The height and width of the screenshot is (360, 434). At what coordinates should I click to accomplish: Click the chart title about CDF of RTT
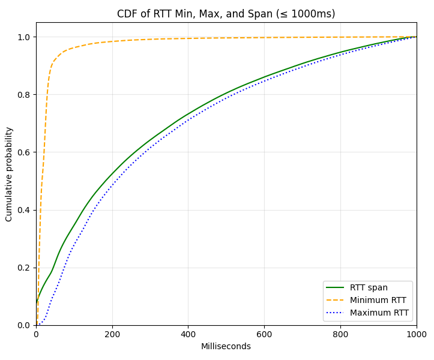point(226,14)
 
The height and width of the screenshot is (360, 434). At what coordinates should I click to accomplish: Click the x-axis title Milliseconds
point(226,346)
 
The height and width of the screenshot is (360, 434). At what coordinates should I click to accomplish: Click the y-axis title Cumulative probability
point(9,174)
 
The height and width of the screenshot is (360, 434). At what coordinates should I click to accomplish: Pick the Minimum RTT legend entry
point(378,300)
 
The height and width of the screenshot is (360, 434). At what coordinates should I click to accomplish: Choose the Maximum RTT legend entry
point(378,313)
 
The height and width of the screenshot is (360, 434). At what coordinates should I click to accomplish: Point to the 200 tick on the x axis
point(112,334)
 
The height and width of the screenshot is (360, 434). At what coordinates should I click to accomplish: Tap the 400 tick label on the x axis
point(188,334)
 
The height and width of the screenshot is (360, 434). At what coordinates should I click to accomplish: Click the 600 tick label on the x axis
point(264,334)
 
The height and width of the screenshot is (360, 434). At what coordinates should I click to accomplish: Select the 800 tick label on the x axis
point(340,334)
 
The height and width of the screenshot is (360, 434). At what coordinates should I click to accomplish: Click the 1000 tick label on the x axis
point(416,334)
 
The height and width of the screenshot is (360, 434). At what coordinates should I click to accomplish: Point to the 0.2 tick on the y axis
point(24,268)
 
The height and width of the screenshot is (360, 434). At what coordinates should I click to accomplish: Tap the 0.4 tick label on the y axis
point(24,210)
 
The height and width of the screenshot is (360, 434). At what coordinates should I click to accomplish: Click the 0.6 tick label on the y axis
point(24,152)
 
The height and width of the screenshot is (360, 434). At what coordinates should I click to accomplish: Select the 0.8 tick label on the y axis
point(24,95)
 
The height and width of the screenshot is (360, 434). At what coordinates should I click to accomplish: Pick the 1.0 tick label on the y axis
point(24,37)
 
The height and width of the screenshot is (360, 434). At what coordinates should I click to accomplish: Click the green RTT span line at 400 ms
point(188,113)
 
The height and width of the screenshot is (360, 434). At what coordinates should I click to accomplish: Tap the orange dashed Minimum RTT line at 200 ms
point(112,41)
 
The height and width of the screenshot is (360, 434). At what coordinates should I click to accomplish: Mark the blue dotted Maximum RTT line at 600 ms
point(264,81)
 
